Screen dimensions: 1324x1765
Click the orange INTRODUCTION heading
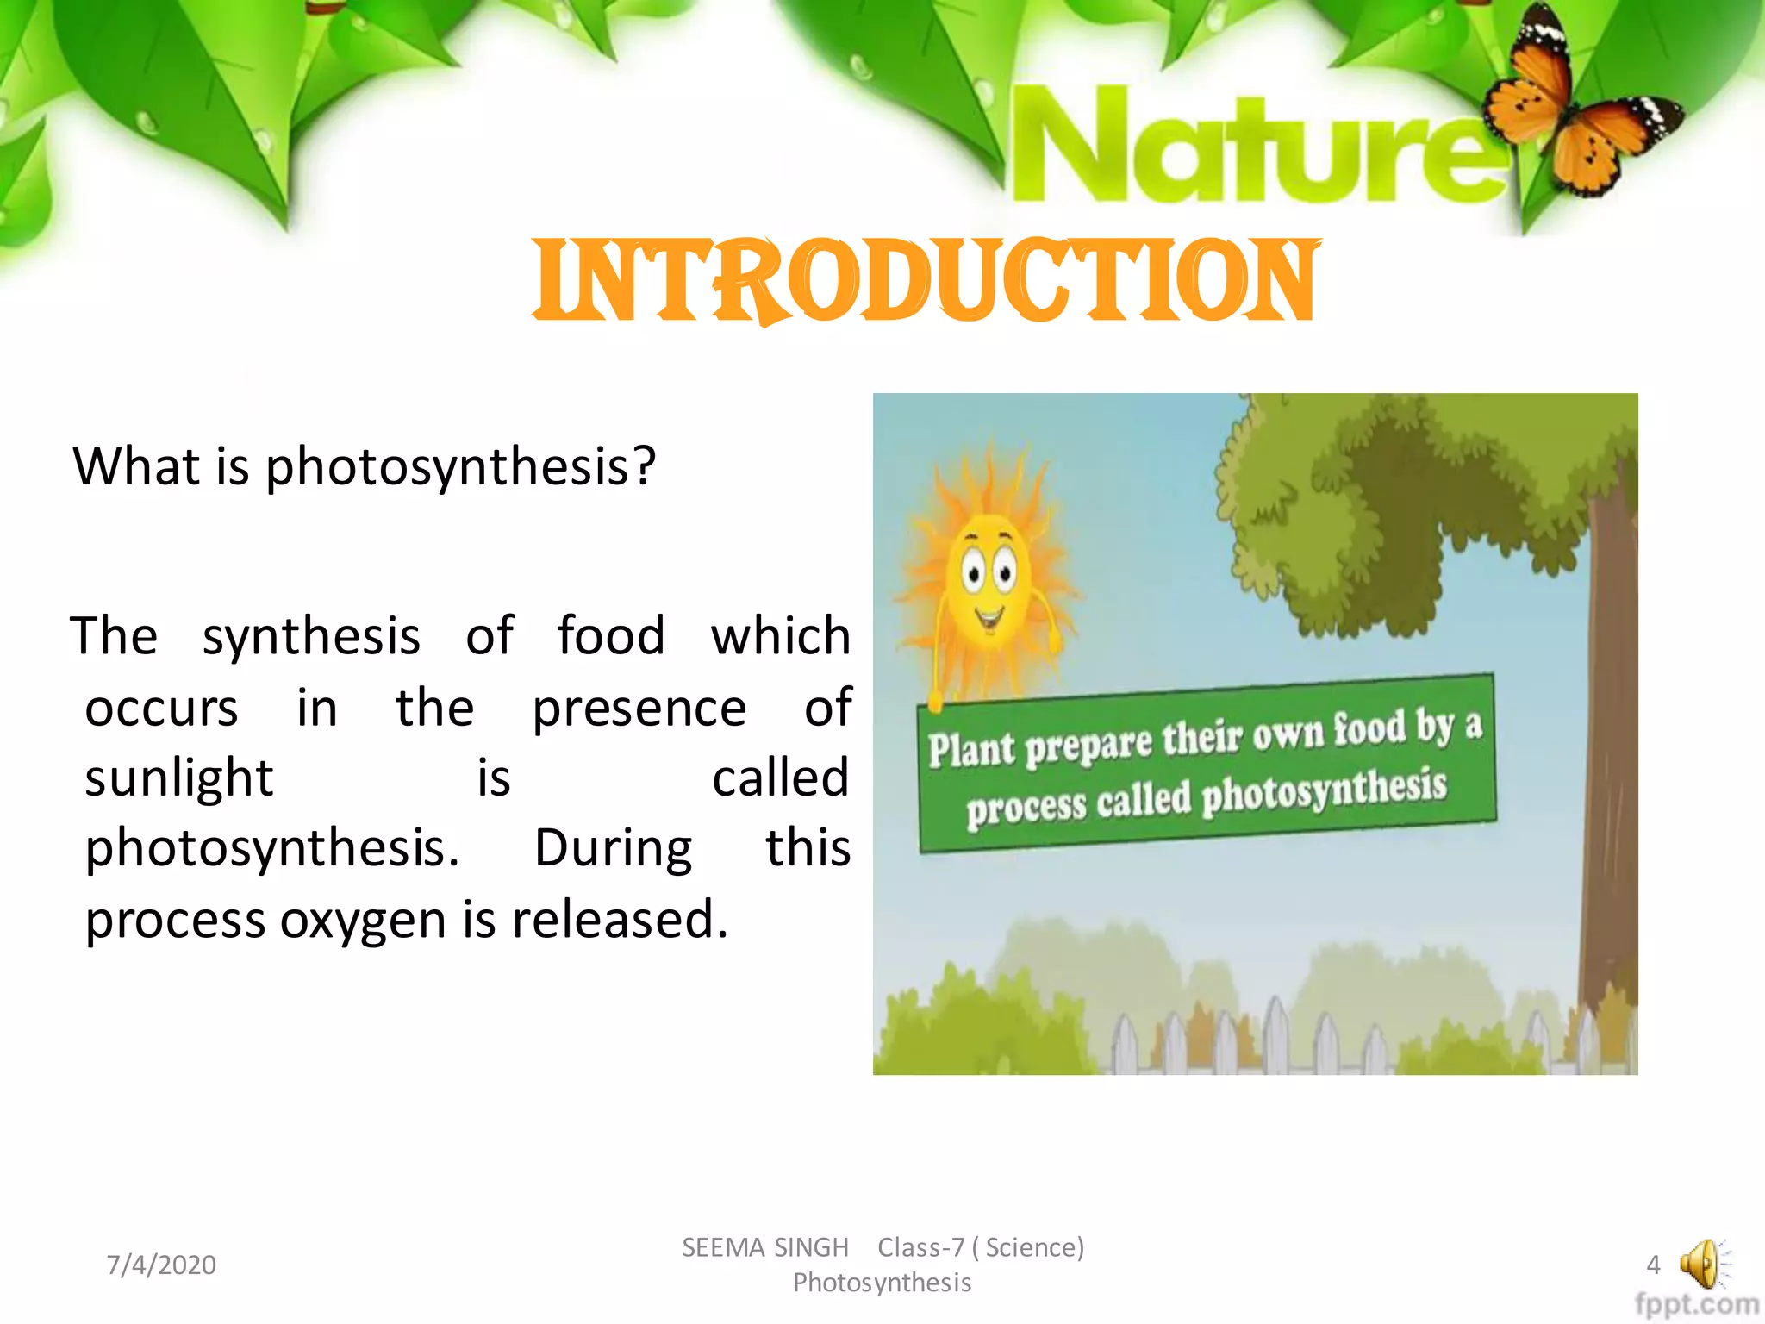pyautogui.click(x=924, y=281)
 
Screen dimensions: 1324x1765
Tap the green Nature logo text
pyautogui.click(x=1258, y=147)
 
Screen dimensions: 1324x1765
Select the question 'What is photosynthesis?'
pyautogui.click(x=364, y=467)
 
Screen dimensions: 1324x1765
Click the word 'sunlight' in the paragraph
pyautogui.click(x=179, y=778)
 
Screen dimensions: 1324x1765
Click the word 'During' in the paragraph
pyautogui.click(x=613, y=849)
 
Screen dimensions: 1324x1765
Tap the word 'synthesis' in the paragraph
pyautogui.click(x=311, y=636)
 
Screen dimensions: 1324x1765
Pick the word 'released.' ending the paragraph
pyautogui.click(x=621, y=919)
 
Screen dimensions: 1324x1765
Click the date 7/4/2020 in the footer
pyautogui.click(x=161, y=1265)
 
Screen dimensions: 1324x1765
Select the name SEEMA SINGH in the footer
pyautogui.click(x=765, y=1247)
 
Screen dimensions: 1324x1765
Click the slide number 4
pyautogui.click(x=1652, y=1265)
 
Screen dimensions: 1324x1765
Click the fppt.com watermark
pyautogui.click(x=1696, y=1304)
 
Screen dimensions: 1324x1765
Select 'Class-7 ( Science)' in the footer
pyautogui.click(x=981, y=1247)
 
